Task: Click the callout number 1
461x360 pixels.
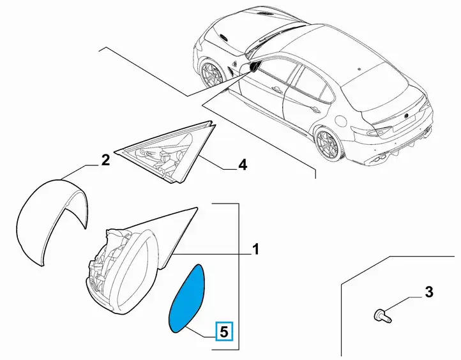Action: click(256, 249)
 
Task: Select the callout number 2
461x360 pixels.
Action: click(105, 160)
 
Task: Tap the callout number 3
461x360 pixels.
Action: click(429, 292)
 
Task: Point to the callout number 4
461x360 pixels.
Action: click(243, 165)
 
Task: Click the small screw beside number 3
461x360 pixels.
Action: click(382, 316)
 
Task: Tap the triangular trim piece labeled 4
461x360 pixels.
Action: click(166, 153)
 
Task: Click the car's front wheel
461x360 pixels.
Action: click(212, 73)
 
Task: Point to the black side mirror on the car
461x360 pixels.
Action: click(254, 67)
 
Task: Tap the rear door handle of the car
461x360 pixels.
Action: click(316, 110)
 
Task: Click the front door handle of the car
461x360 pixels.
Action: click(276, 89)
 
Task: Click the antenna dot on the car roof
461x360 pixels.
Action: click(359, 70)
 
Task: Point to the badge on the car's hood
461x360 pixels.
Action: click(223, 37)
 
